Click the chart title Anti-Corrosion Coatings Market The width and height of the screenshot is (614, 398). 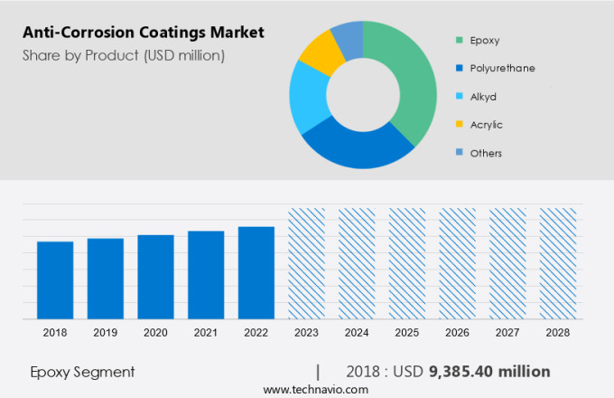(144, 33)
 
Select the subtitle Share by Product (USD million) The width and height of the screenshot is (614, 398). (124, 56)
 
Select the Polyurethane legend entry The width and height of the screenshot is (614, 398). (501, 68)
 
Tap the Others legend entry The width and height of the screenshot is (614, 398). (486, 153)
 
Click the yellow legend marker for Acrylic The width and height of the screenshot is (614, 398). (460, 124)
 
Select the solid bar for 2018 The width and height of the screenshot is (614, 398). (55, 280)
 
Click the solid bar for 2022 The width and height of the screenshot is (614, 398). (256, 272)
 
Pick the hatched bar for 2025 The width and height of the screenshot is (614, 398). (407, 263)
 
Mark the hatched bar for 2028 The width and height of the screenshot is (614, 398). (558, 263)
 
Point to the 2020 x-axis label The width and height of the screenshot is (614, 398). (155, 333)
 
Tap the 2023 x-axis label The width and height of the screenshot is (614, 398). (306, 333)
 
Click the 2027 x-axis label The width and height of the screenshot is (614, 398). (507, 333)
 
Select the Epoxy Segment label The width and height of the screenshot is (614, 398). (82, 372)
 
